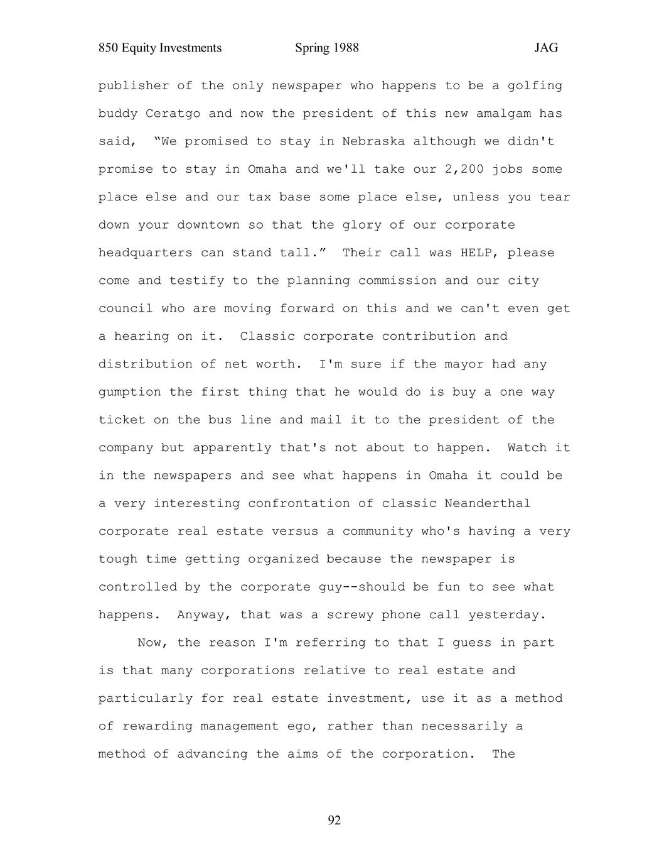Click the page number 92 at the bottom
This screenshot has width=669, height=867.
334,821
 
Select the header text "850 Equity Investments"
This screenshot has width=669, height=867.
160,48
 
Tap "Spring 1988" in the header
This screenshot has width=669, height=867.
326,48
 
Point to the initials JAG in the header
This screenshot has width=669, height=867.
546,48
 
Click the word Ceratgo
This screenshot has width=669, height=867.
169,114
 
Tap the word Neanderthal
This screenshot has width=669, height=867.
487,504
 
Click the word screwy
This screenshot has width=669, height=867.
350,615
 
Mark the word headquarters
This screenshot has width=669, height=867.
145,253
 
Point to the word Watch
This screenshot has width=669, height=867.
527,448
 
